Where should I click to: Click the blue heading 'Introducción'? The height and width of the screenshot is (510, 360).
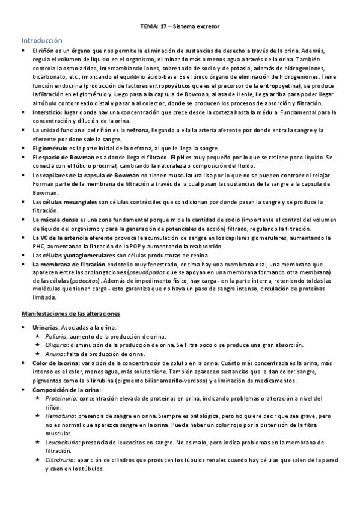tap(43, 40)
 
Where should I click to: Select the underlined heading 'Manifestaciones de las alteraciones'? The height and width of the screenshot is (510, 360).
tap(72, 314)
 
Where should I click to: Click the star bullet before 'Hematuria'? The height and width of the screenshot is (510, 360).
tap(38, 416)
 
